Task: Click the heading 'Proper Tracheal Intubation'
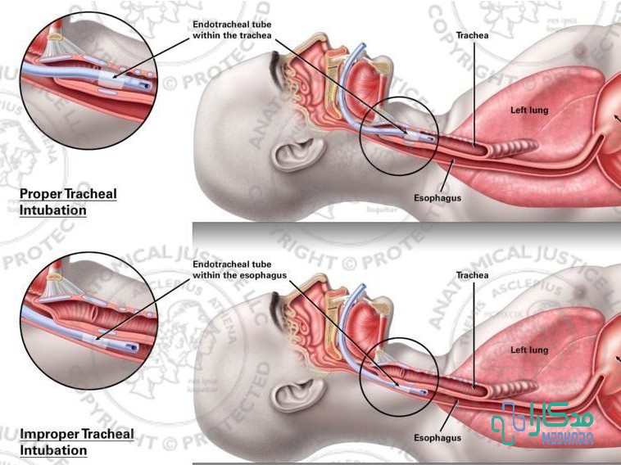click(x=68, y=201)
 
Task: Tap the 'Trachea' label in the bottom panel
click(x=473, y=275)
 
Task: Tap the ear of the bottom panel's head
click(x=292, y=393)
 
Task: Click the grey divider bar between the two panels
click(x=406, y=230)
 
